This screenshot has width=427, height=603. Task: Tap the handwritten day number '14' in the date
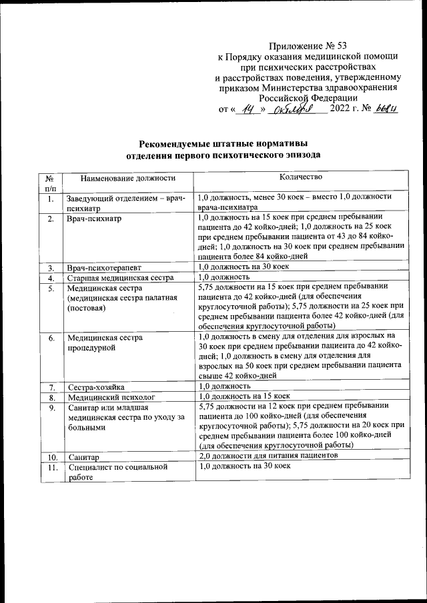[x=250, y=109]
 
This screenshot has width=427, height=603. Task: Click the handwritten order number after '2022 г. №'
[x=386, y=109]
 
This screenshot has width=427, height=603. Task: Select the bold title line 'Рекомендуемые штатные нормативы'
[x=224, y=144]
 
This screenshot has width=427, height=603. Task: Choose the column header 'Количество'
[x=301, y=177]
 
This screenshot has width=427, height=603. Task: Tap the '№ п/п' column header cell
[x=49, y=183]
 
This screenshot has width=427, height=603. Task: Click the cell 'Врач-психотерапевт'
[x=103, y=267]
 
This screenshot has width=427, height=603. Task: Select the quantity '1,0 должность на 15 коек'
[x=246, y=396]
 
